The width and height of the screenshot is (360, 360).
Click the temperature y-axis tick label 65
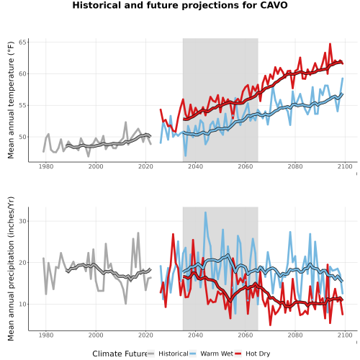click(22, 42)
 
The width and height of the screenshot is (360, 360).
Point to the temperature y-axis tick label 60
click(22, 74)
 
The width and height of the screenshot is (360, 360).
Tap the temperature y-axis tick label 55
click(22, 106)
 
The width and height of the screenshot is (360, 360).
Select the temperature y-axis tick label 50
click(22, 138)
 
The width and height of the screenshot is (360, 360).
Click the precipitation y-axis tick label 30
click(22, 221)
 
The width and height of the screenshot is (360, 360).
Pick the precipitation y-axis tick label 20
click(22, 263)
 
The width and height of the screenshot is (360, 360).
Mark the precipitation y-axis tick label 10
click(22, 304)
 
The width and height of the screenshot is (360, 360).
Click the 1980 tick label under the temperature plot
click(46, 166)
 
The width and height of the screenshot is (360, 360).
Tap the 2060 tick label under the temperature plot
click(246, 166)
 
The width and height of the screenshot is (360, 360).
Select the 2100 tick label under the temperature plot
click(345, 166)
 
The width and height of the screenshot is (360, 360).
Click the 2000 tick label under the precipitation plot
click(96, 335)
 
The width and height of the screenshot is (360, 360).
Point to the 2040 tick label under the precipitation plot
click(195, 335)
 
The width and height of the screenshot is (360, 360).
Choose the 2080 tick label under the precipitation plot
click(295, 335)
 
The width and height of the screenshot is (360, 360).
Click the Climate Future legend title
click(120, 354)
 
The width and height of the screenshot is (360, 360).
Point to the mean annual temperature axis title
click(11, 100)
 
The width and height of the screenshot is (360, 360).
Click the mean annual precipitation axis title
click(11, 269)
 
